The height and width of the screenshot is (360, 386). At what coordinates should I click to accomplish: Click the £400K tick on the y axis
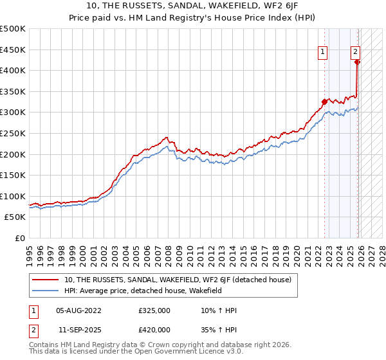click(x=13, y=71)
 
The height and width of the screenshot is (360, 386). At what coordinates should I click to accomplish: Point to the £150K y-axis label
click(x=13, y=175)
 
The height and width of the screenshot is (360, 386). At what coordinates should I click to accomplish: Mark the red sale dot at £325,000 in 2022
click(x=324, y=102)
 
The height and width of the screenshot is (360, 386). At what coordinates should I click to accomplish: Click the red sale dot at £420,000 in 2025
click(x=358, y=62)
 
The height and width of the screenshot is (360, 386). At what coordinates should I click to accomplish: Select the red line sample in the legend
click(x=46, y=280)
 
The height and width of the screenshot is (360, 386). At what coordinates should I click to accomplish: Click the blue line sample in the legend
click(x=46, y=291)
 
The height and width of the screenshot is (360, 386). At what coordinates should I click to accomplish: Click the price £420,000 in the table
click(x=154, y=329)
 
